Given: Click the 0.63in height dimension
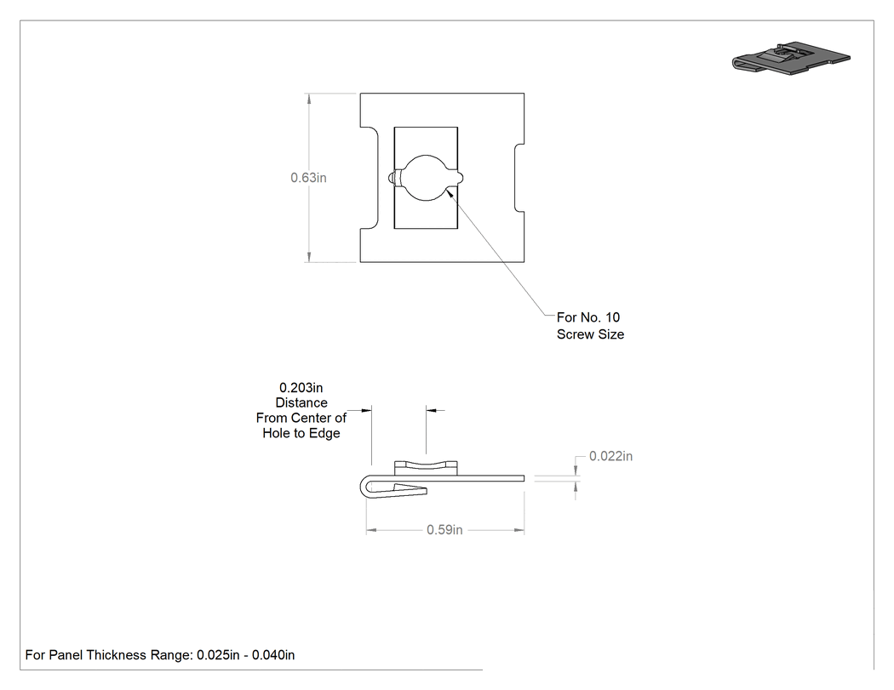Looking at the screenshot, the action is (x=308, y=178).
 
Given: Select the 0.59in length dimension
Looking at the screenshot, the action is (x=444, y=530).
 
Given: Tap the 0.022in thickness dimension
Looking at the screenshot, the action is (x=610, y=456).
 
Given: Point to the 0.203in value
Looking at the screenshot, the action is (x=301, y=388).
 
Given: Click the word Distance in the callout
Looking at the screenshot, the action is (x=301, y=402).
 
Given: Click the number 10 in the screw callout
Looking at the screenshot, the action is (x=612, y=317).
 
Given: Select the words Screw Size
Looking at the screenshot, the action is (x=591, y=334).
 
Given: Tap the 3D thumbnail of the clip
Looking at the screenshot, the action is (x=791, y=57).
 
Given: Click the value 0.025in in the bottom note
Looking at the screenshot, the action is (x=218, y=655).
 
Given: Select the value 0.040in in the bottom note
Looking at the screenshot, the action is (x=273, y=655).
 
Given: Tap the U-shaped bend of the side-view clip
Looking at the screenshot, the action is (x=364, y=487).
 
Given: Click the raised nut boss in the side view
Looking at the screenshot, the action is (x=426, y=468).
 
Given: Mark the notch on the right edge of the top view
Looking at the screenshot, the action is (x=519, y=178).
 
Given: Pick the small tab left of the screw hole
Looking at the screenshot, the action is (x=393, y=179).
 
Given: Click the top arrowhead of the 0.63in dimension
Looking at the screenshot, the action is (x=309, y=99).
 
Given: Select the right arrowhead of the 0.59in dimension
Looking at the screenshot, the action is (x=519, y=530).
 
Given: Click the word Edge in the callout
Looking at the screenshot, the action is (x=324, y=434).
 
